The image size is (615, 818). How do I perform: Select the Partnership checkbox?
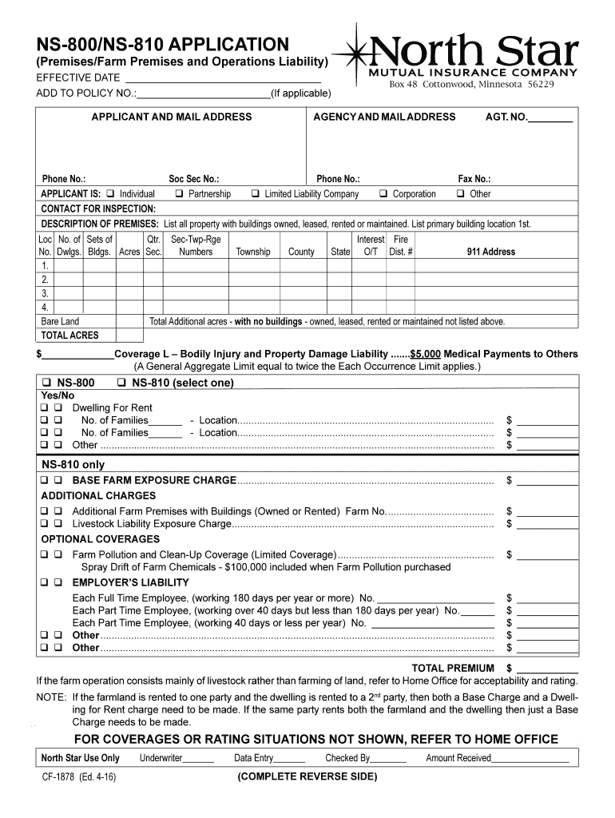pos(180,194)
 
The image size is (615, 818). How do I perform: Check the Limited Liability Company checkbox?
pos(256,194)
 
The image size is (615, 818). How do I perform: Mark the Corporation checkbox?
pos(384,194)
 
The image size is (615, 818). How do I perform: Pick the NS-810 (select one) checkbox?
pos(122,383)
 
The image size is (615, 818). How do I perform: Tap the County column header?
pos(301,252)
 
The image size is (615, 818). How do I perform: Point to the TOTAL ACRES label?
pos(69,336)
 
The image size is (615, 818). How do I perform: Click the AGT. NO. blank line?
pos(550,121)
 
